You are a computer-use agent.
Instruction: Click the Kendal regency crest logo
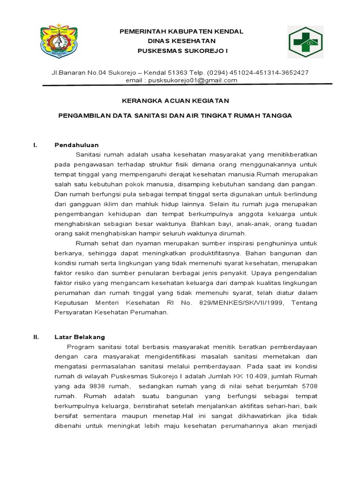pyautogui.click(x=59, y=41)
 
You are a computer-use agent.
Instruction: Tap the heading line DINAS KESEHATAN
pyautogui.click(x=181, y=41)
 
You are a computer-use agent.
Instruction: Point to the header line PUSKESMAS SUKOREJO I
pyautogui.click(x=181, y=50)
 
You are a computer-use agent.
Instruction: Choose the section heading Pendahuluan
pyautogui.click(x=77, y=145)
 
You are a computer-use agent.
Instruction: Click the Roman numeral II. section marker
pyautogui.click(x=36, y=337)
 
